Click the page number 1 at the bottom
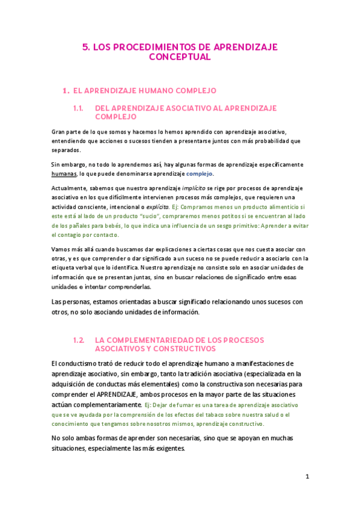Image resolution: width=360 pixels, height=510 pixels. click(x=307, y=477)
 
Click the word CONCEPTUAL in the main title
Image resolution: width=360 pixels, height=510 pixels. click(x=180, y=57)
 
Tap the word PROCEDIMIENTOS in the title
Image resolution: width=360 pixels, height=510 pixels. click(x=146, y=46)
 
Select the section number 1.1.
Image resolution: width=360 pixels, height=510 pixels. click(x=77, y=108)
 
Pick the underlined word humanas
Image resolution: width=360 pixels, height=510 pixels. click(x=64, y=174)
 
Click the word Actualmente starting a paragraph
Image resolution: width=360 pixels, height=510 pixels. click(x=69, y=188)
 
